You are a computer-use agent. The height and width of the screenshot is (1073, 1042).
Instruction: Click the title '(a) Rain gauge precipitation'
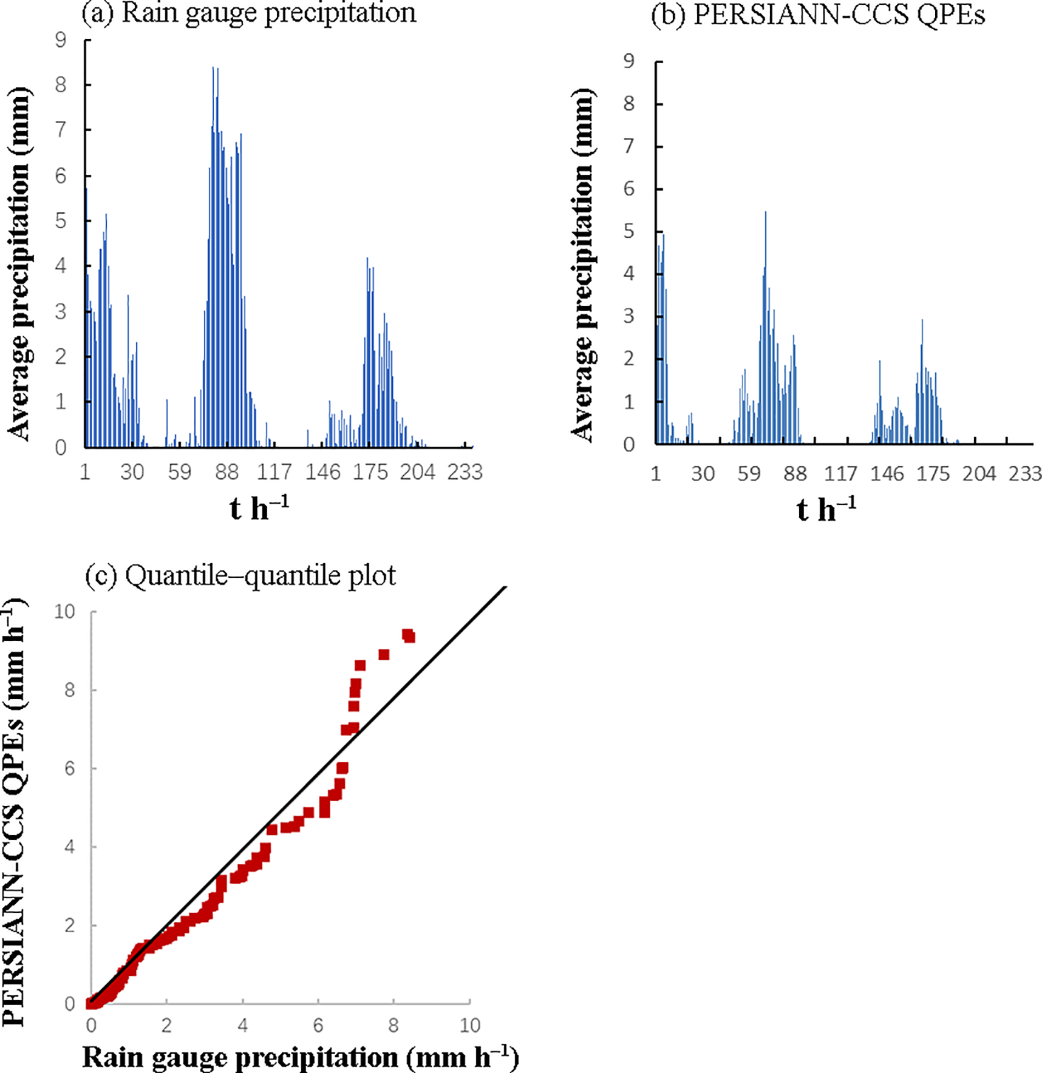click(x=249, y=13)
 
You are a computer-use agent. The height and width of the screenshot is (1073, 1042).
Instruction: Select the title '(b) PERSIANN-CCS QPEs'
click(x=818, y=15)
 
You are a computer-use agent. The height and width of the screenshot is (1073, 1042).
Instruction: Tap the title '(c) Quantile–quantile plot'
click(x=241, y=575)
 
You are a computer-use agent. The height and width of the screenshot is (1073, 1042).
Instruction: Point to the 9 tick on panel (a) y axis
click(x=61, y=40)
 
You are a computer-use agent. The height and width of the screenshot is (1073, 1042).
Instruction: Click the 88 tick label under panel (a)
click(x=227, y=472)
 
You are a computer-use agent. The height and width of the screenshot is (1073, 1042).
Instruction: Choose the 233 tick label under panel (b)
click(x=1025, y=474)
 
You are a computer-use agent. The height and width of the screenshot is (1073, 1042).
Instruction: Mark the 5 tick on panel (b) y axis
click(x=629, y=232)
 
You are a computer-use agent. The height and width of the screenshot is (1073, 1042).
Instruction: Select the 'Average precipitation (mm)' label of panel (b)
click(x=583, y=265)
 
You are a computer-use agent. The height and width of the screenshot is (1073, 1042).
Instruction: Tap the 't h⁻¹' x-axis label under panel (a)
click(x=259, y=507)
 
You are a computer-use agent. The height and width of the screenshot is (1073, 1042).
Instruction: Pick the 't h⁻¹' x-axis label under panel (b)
click(x=826, y=509)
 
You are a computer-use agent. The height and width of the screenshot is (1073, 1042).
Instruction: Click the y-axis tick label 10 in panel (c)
click(x=64, y=611)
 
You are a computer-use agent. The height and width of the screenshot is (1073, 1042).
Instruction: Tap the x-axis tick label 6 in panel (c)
click(x=318, y=1026)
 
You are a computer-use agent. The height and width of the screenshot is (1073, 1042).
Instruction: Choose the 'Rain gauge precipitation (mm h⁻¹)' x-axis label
click(x=301, y=1057)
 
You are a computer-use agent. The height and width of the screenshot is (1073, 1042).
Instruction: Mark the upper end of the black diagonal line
click(x=505, y=587)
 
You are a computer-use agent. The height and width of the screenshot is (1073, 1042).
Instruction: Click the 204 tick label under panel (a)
click(x=418, y=472)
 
